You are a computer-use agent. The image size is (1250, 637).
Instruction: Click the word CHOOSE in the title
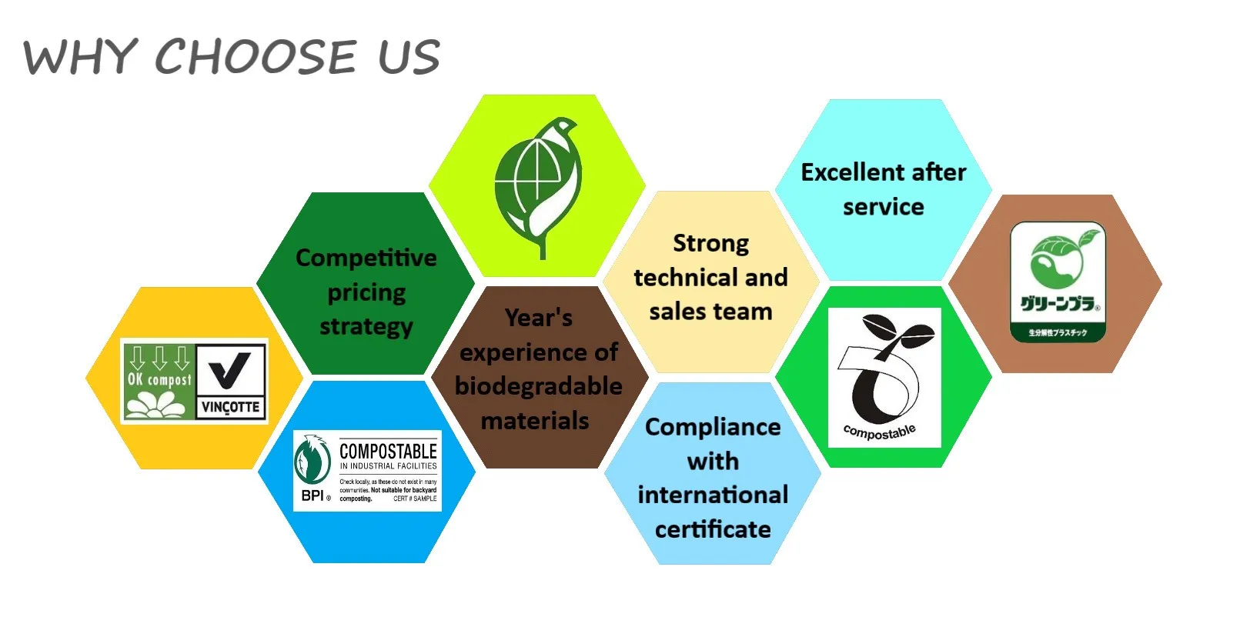pyautogui.click(x=256, y=57)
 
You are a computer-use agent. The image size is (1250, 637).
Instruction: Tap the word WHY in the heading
pyautogui.click(x=80, y=58)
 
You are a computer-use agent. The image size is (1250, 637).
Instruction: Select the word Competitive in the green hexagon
pyautogui.click(x=366, y=258)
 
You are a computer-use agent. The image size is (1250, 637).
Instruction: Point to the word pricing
pyautogui.click(x=366, y=292)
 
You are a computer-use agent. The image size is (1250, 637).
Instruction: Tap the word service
pyautogui.click(x=883, y=207)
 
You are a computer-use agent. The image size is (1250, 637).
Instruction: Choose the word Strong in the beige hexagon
pyautogui.click(x=710, y=243)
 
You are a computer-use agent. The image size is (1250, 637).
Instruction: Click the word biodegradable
pyautogui.click(x=538, y=385)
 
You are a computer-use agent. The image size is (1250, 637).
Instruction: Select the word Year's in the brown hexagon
pyautogui.click(x=538, y=318)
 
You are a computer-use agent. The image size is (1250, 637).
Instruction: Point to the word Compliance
pyautogui.click(x=713, y=427)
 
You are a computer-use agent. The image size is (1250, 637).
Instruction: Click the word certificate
pyautogui.click(x=713, y=529)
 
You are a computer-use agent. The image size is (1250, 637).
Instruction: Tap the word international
pyautogui.click(x=713, y=495)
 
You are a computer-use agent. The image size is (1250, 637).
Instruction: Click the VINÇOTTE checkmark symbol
pyautogui.click(x=230, y=370)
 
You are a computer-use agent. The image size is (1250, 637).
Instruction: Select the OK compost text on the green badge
pyautogui.click(x=159, y=379)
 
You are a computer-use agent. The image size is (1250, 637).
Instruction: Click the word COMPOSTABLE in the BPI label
pyautogui.click(x=388, y=451)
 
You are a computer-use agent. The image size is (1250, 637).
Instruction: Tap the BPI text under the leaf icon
pyautogui.click(x=312, y=495)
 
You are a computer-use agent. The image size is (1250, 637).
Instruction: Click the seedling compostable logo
pyautogui.click(x=884, y=369)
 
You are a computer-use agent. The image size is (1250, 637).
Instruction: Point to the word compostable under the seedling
pyautogui.click(x=880, y=432)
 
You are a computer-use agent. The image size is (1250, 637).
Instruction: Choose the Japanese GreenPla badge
pyautogui.click(x=1058, y=282)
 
